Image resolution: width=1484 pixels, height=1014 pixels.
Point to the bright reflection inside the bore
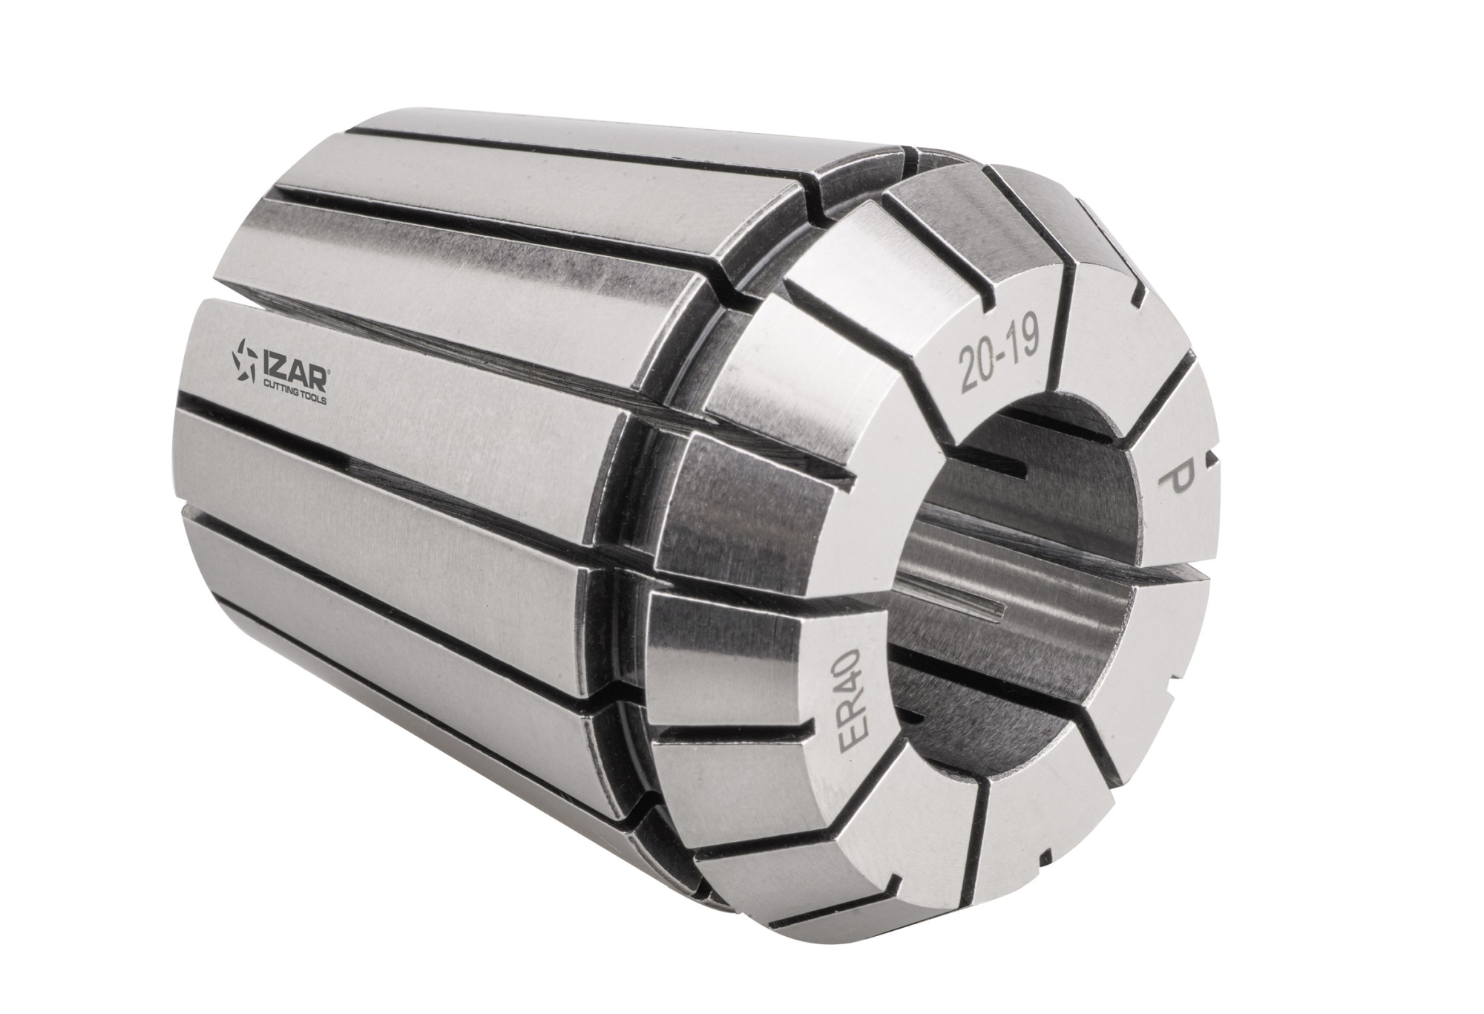[965, 549]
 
